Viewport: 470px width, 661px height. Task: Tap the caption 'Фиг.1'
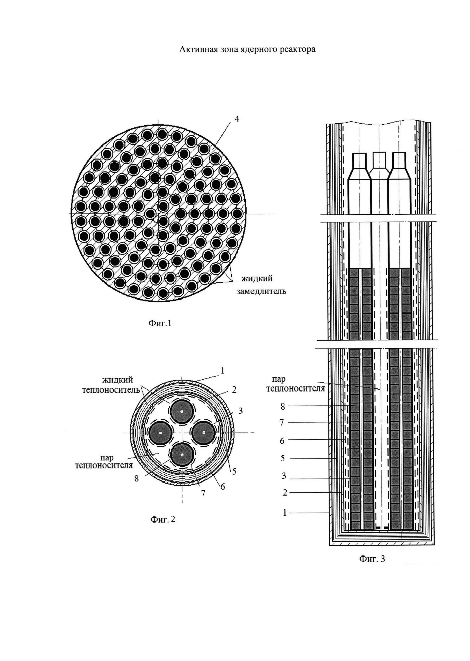click(x=160, y=323)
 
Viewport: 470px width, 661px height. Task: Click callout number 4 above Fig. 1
click(x=237, y=119)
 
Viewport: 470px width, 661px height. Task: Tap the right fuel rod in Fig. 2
click(x=203, y=433)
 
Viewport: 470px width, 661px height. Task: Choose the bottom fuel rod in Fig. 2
click(x=182, y=455)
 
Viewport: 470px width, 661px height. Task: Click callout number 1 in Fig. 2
click(x=222, y=370)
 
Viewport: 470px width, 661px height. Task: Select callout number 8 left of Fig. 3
click(x=283, y=407)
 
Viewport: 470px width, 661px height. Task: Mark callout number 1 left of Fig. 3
click(x=284, y=513)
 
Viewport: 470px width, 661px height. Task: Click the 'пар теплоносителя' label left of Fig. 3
click(x=295, y=384)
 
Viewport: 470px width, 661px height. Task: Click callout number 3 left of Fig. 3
click(x=284, y=476)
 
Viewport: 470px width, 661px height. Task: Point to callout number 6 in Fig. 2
click(x=222, y=487)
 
